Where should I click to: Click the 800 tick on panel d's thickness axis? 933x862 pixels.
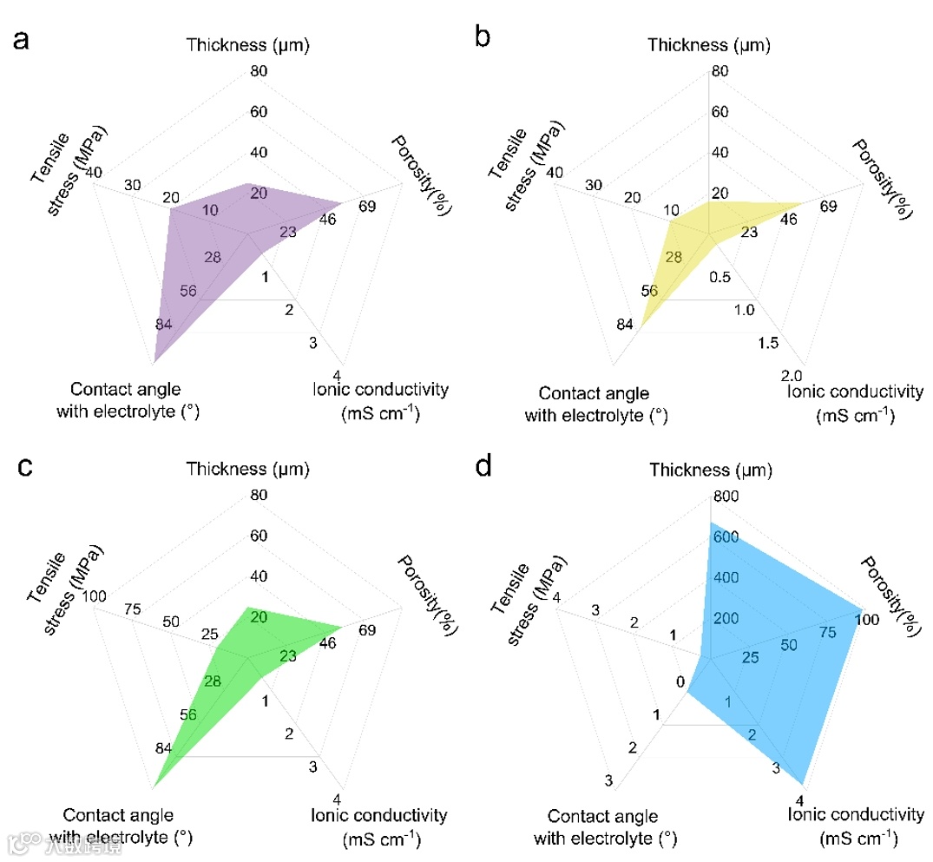(726, 497)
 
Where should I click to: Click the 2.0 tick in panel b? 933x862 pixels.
(791, 376)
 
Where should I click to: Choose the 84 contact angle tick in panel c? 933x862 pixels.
(164, 748)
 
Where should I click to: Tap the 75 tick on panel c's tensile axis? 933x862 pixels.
(133, 609)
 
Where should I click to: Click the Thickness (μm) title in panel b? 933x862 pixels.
(709, 44)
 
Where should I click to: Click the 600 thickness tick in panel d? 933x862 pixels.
(726, 537)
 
